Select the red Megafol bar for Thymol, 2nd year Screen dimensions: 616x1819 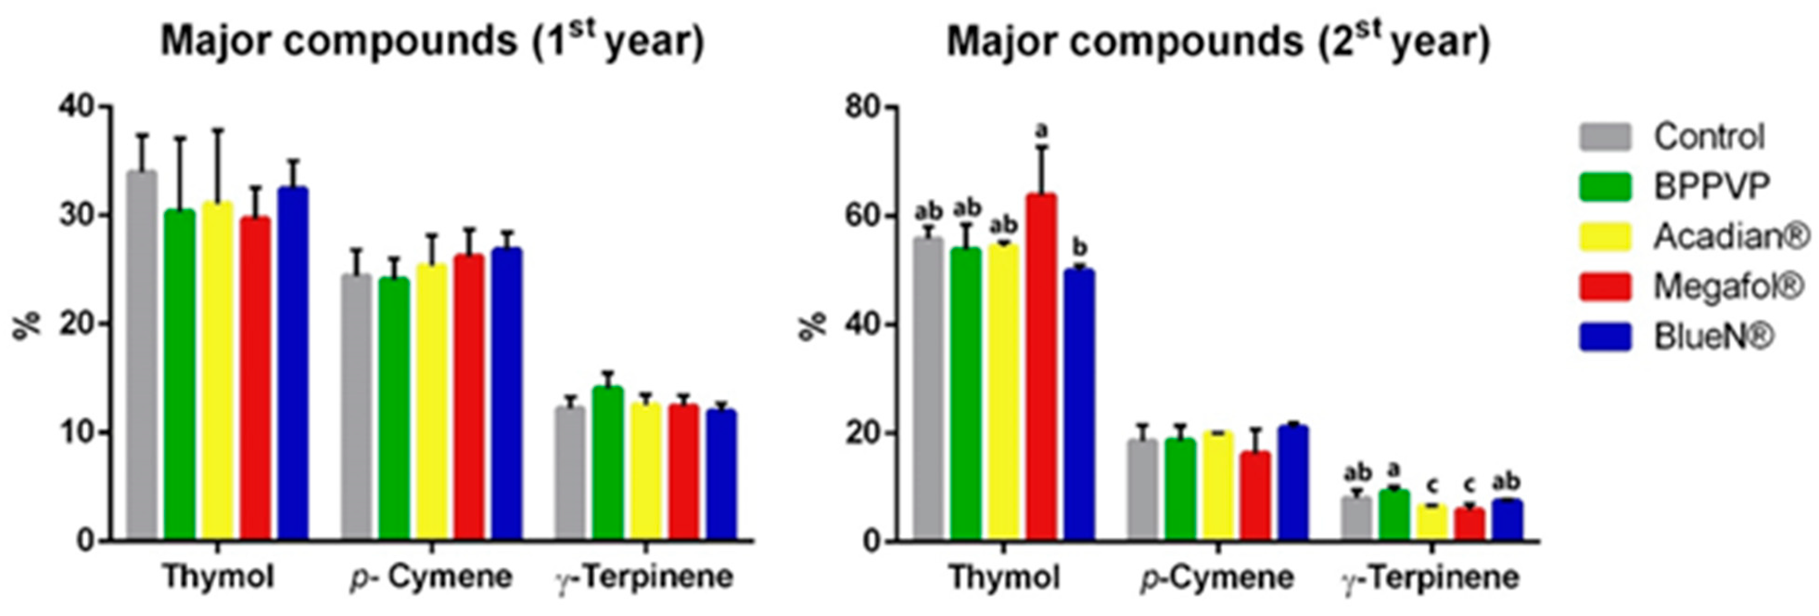pos(1042,367)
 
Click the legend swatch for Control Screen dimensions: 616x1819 pos(1605,137)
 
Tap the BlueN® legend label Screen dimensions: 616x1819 pos(1712,337)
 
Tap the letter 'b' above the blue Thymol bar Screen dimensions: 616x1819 pos(1080,247)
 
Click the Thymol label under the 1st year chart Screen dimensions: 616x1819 pos(218,577)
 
